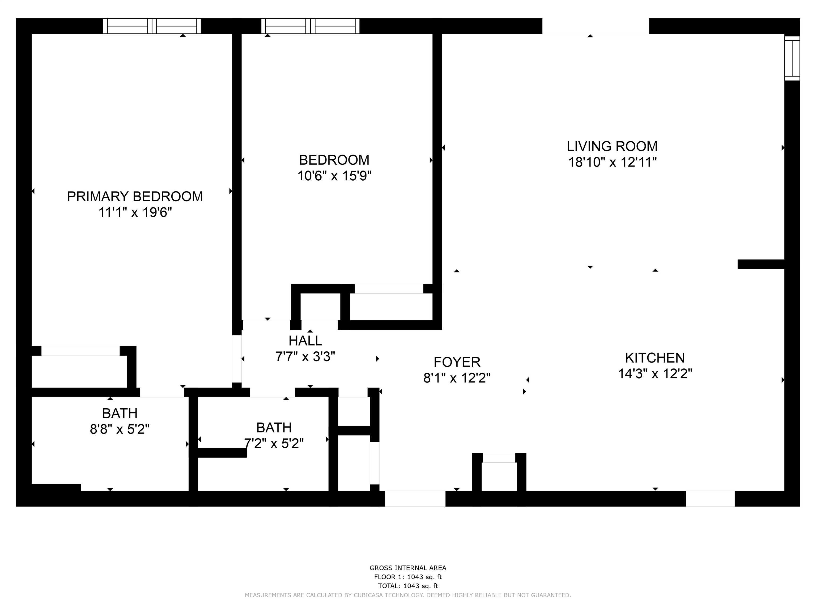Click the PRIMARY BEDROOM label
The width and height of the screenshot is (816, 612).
135,197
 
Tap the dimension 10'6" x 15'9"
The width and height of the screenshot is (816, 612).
334,176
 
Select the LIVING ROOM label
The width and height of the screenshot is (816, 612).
612,146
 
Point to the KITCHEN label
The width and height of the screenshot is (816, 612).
654,358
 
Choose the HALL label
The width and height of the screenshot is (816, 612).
305,341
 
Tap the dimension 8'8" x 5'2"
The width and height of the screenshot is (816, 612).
120,429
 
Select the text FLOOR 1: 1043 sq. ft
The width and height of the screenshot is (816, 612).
408,577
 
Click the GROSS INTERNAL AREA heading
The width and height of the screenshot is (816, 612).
408,568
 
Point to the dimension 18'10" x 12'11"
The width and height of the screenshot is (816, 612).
612,162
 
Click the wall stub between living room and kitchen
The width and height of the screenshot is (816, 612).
761,264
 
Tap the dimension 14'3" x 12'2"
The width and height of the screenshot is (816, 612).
654,374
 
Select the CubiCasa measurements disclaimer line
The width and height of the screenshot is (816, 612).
408,595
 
